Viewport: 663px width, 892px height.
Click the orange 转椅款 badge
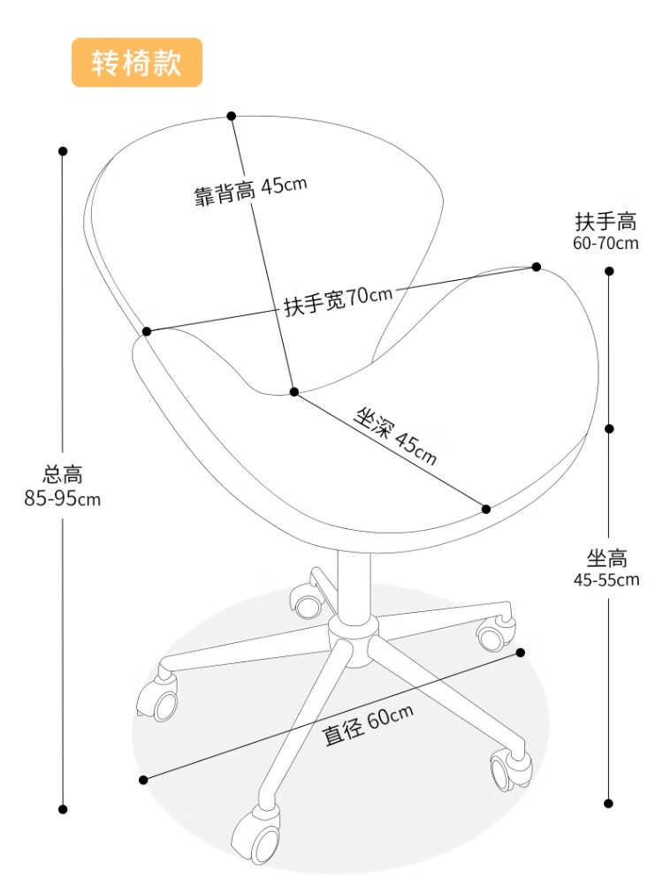click(137, 63)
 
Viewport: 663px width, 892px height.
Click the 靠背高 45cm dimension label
click(250, 190)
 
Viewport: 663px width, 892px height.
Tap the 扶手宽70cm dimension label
click(337, 300)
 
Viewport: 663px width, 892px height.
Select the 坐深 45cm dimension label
click(395, 435)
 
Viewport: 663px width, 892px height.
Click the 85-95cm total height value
click(63, 499)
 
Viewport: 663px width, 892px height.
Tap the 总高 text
click(63, 474)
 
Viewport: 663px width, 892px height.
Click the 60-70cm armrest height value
click(606, 243)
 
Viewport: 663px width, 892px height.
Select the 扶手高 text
click(606, 221)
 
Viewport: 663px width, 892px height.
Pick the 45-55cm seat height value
click(606, 580)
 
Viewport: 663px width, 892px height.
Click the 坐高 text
click(606, 558)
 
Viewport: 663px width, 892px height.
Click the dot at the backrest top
click(232, 116)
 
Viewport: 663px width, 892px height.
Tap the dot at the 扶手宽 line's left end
click(147, 331)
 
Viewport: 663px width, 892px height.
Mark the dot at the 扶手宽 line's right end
click(537, 267)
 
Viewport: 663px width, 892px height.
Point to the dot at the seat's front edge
click(486, 509)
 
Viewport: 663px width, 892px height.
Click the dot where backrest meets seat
click(294, 391)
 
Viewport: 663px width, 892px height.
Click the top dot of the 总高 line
click(63, 151)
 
